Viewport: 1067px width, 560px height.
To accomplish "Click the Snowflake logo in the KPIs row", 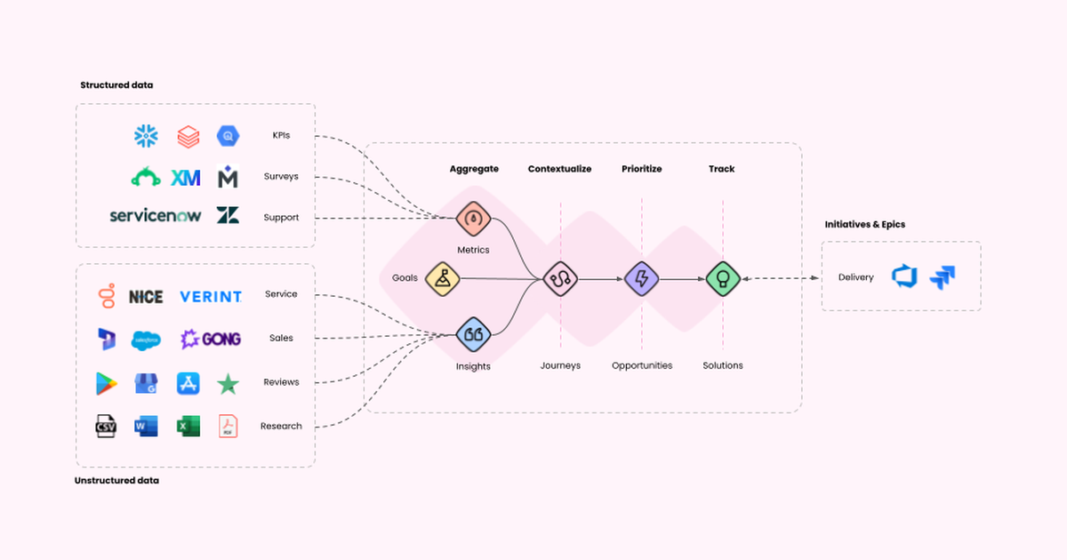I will (145, 136).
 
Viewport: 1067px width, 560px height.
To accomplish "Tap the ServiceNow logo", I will (156, 215).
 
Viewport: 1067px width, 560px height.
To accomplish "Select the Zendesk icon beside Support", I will (228, 216).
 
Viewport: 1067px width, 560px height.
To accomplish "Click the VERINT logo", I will (210, 296).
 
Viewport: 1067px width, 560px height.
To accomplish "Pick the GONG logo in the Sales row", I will (211, 339).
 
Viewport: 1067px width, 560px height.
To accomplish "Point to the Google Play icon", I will (107, 383).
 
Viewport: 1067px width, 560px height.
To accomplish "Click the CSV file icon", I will (107, 427).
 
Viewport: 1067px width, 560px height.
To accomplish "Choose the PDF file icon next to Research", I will (229, 427).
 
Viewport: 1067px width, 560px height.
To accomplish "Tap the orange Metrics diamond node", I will (473, 219).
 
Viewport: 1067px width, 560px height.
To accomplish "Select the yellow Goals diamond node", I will (442, 278).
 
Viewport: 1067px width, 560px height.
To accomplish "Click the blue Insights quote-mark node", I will (473, 335).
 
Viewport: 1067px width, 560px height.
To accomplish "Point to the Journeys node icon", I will (560, 279).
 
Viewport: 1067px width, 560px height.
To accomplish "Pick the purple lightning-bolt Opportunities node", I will (641, 279).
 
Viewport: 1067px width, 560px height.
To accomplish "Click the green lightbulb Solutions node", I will (723, 279).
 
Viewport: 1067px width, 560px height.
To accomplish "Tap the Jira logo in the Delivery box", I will (943, 277).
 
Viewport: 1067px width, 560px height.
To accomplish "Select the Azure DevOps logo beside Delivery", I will (903, 277).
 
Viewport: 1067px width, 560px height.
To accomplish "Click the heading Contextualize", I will (559, 169).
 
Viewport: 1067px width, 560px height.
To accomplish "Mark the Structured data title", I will (116, 85).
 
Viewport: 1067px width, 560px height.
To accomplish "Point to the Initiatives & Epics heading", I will (864, 225).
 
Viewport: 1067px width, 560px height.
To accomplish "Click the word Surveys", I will (281, 176).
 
